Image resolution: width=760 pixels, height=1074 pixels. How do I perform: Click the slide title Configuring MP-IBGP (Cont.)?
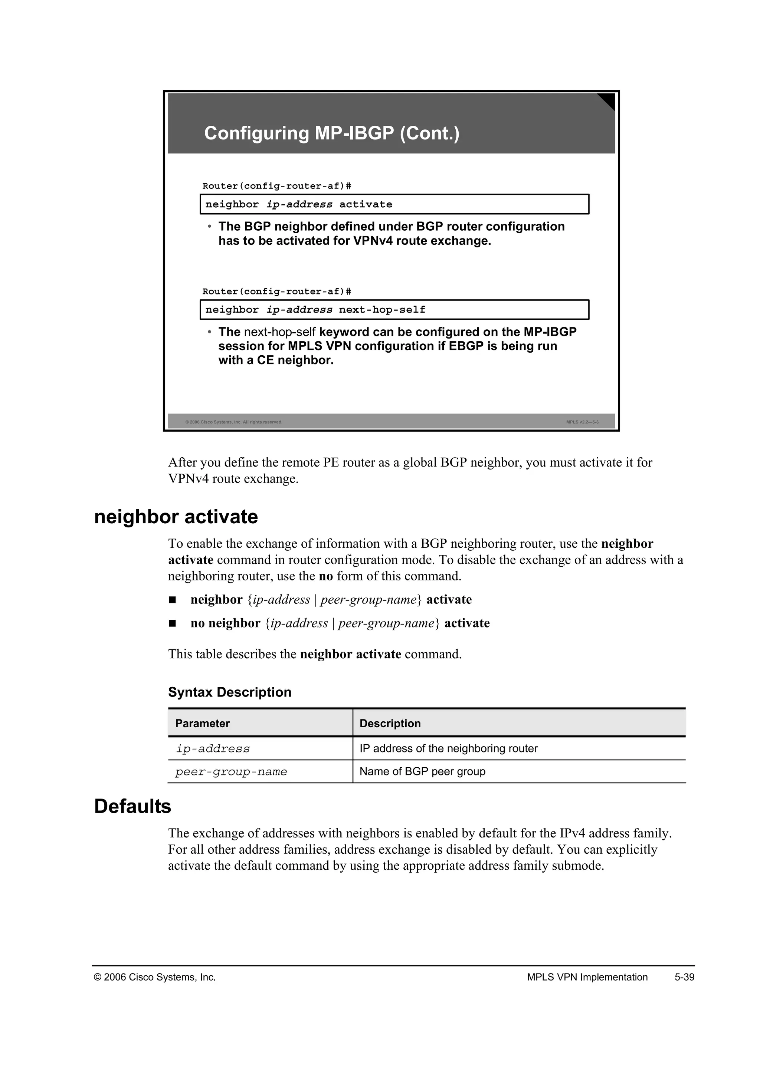(x=332, y=133)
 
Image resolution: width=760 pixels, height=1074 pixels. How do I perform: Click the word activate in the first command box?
(x=366, y=204)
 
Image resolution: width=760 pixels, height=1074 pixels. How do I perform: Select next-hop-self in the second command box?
(x=382, y=310)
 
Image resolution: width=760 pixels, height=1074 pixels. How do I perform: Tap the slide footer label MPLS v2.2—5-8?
(x=582, y=422)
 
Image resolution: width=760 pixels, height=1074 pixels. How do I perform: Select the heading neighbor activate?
(x=176, y=517)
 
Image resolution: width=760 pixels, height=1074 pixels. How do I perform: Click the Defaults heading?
(x=132, y=807)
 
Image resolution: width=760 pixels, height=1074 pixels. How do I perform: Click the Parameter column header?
(x=202, y=724)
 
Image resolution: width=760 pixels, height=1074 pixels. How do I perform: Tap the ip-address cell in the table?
(x=213, y=749)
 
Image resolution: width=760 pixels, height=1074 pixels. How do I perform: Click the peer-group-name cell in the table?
(x=231, y=772)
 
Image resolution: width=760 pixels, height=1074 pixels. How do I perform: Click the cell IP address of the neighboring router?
(x=448, y=748)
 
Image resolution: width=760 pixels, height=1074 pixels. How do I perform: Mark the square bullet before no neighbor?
(x=172, y=623)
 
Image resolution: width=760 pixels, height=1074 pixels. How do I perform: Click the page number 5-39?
(x=684, y=977)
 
